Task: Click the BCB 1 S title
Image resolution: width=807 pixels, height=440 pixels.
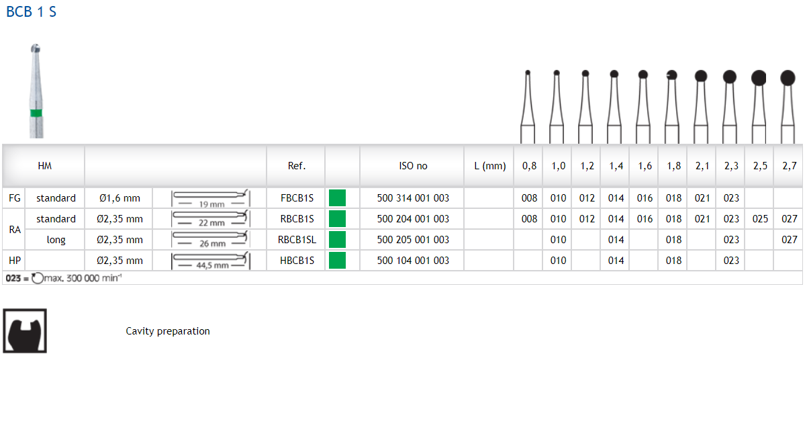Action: tap(32, 12)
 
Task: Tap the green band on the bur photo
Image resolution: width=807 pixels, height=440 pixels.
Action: tap(36, 113)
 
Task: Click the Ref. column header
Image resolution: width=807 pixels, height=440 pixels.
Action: tap(297, 166)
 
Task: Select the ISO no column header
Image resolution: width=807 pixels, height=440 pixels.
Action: tap(413, 166)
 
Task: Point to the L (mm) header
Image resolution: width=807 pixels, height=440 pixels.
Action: tap(489, 166)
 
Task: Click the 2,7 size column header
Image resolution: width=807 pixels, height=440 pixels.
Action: tap(789, 166)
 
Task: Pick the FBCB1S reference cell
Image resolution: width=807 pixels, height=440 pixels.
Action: tap(297, 198)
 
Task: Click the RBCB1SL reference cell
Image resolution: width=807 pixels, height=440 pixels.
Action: tap(297, 240)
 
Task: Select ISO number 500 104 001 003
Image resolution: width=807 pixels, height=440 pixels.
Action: tap(413, 261)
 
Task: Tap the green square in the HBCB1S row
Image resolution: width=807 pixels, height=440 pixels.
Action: tap(337, 261)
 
